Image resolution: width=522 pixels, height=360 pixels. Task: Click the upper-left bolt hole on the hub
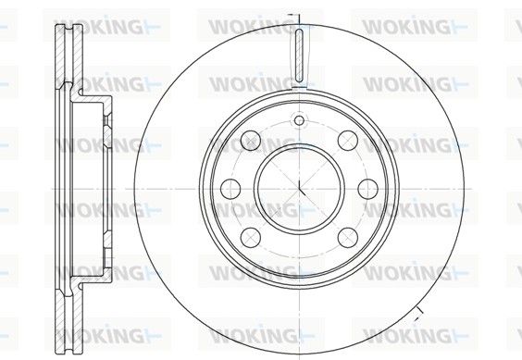[x=250, y=141]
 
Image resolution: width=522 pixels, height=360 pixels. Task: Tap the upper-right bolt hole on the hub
[x=348, y=141]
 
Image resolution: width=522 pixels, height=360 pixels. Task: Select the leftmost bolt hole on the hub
[x=230, y=189]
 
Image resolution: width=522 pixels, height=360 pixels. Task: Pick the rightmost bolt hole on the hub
[x=367, y=189]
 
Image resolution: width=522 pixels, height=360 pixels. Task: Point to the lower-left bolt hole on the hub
[x=250, y=237]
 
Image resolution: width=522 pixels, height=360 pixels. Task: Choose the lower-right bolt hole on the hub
[x=348, y=237]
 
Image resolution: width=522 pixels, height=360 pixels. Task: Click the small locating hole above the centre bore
[x=299, y=120]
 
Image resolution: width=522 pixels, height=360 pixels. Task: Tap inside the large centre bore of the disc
[x=299, y=189]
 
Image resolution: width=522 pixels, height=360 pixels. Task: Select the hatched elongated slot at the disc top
[x=299, y=56]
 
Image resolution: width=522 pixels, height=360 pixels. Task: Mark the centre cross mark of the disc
[x=299, y=189]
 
